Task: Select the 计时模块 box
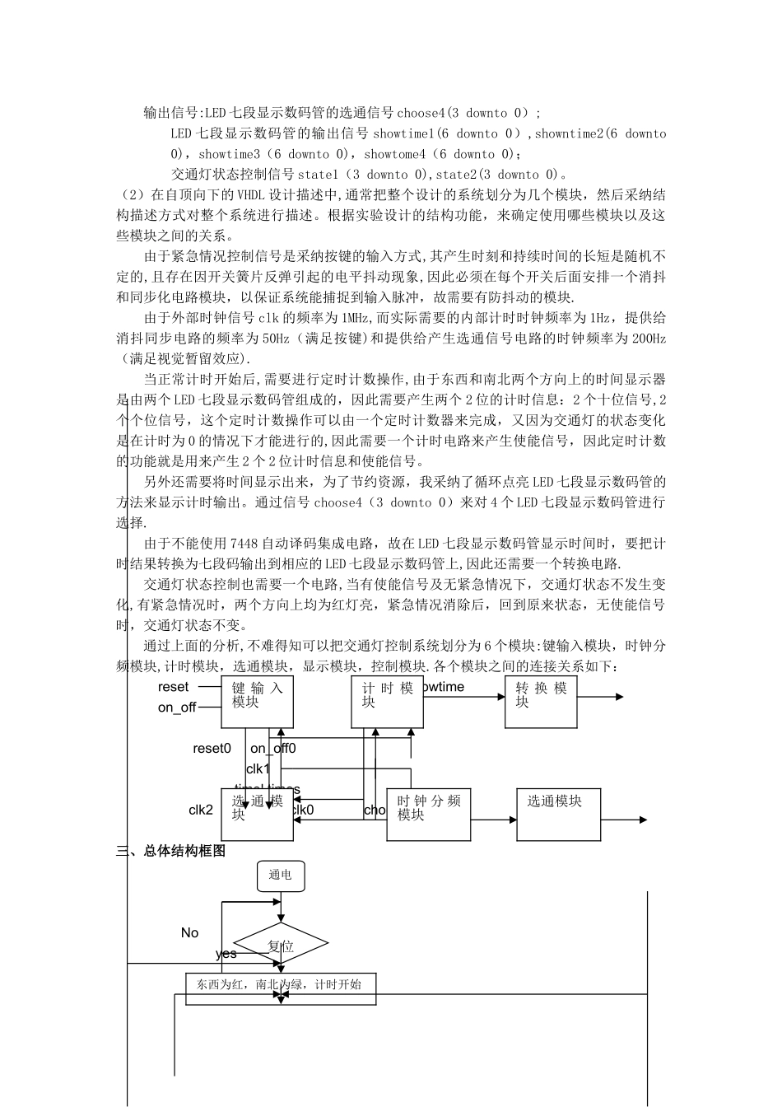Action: [387, 702]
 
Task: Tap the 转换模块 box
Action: [540, 702]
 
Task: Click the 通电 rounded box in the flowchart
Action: [281, 875]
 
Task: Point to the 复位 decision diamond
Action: [281, 946]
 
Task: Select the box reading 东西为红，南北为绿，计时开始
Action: [280, 984]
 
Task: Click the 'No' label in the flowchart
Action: [189, 932]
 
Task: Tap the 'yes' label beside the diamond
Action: [226, 954]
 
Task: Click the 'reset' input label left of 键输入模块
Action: [174, 687]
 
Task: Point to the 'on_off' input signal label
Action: [177, 708]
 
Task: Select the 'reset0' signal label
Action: [212, 748]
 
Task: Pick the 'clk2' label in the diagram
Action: [201, 810]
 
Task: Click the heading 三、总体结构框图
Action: [171, 851]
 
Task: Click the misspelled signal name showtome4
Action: [395, 154]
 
